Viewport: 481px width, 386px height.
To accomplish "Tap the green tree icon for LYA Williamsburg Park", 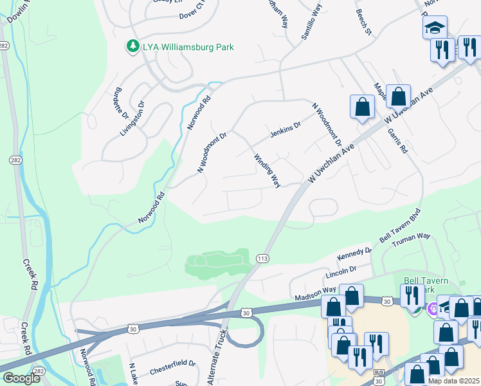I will coord(132,46).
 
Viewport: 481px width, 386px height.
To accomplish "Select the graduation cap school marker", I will coord(435,27).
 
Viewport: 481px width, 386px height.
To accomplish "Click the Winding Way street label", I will coord(267,170).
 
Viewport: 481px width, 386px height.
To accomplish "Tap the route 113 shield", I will coord(262,259).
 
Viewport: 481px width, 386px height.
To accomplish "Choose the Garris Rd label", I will coord(397,140).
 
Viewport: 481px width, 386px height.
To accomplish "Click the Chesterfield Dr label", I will coord(172,367).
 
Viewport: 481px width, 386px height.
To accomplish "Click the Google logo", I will coord(21,378).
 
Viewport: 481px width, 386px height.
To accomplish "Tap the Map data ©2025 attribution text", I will coord(453,381).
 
